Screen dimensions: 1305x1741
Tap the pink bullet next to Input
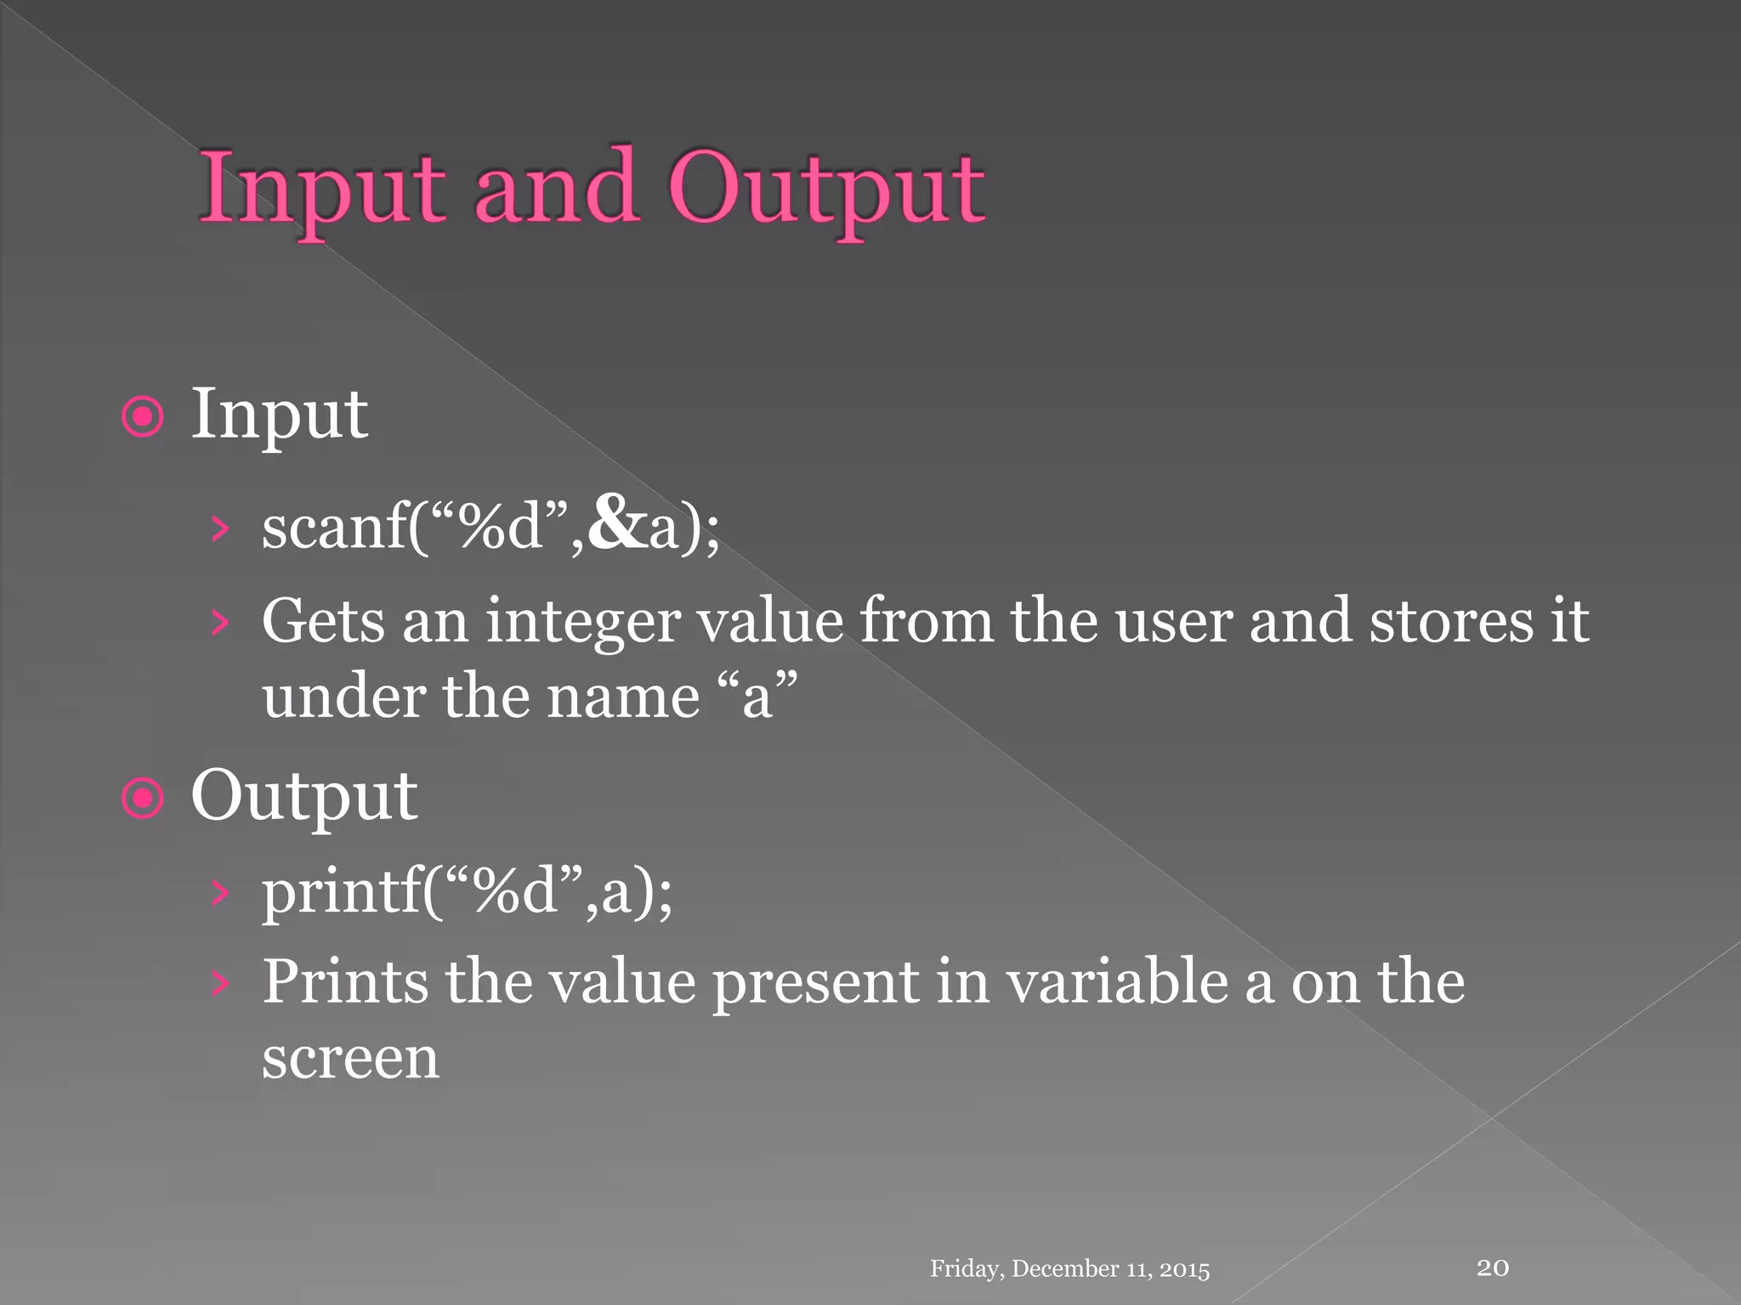point(142,417)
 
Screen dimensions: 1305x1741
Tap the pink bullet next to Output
point(142,799)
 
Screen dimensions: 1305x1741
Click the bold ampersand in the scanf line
point(615,523)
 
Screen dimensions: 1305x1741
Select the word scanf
point(334,527)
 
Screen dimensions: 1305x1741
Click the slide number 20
point(1493,1268)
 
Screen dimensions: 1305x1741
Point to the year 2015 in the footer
point(1184,1269)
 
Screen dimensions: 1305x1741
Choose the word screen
point(350,1059)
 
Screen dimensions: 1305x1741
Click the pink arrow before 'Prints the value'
point(220,983)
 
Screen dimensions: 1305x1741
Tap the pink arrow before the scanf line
point(220,528)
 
